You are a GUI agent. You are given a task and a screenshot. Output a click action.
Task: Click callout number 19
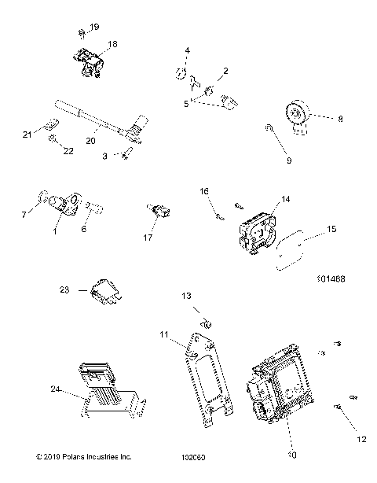(94, 28)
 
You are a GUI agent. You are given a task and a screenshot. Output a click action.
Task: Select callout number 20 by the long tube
(90, 140)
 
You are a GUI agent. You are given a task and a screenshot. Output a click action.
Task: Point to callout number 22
(68, 151)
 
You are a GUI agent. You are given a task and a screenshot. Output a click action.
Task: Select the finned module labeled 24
(108, 390)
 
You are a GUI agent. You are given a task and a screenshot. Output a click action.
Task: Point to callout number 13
(186, 296)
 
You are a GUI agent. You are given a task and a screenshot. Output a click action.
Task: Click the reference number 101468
(332, 278)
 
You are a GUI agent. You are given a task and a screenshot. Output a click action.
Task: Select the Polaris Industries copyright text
(83, 456)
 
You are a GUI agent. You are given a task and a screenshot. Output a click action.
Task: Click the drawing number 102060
(192, 456)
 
